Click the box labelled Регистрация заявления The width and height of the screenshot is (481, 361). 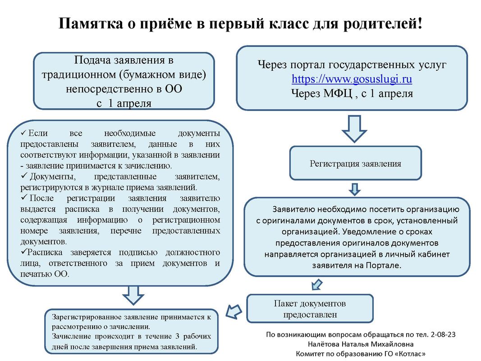[355, 163]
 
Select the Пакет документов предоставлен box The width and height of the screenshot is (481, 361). [310, 309]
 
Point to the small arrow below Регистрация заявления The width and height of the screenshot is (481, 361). [355, 189]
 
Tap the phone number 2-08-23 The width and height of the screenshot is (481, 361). [443, 335]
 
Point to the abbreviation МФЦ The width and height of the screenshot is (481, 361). [333, 93]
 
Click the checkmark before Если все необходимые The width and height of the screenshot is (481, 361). [24, 134]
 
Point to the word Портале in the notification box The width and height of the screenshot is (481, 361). [384, 265]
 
